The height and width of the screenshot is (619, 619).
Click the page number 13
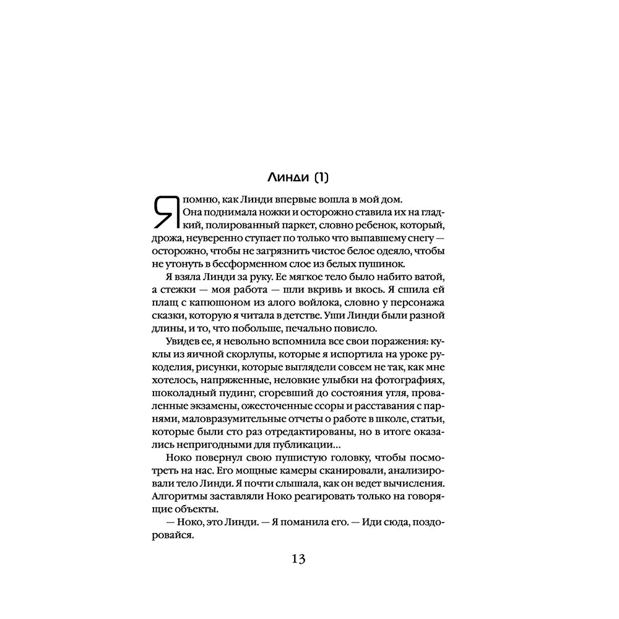(298, 559)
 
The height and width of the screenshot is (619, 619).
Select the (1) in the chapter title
(320, 178)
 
